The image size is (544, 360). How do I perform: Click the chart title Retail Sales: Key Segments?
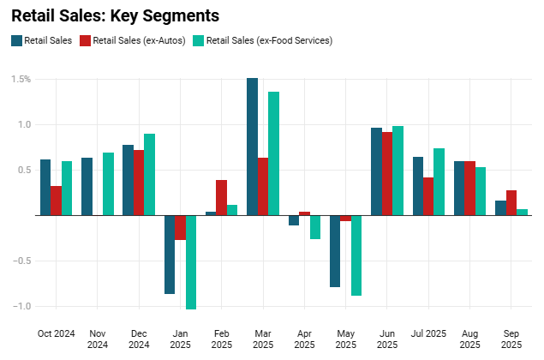[x=115, y=15]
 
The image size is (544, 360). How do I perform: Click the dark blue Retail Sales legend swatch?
[x=16, y=40]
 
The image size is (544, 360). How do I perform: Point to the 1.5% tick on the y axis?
[x=21, y=79]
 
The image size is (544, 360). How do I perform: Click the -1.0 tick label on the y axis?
[x=21, y=307]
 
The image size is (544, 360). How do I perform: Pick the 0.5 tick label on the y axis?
[x=24, y=170]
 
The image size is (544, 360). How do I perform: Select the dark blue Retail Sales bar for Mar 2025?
[x=253, y=147]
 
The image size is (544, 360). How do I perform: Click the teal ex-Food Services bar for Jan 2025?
[x=191, y=261]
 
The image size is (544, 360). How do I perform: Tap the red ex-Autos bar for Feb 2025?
[x=221, y=197]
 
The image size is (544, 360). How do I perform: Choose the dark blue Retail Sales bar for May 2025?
[x=335, y=251]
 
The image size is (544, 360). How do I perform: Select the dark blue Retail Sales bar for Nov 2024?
[x=87, y=186]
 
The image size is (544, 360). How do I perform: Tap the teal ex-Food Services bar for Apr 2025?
[x=315, y=227]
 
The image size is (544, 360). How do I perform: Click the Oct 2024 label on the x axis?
[x=56, y=333]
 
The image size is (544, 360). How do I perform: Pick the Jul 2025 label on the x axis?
[x=428, y=333]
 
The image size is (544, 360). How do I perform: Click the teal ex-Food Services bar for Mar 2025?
[x=273, y=153]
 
